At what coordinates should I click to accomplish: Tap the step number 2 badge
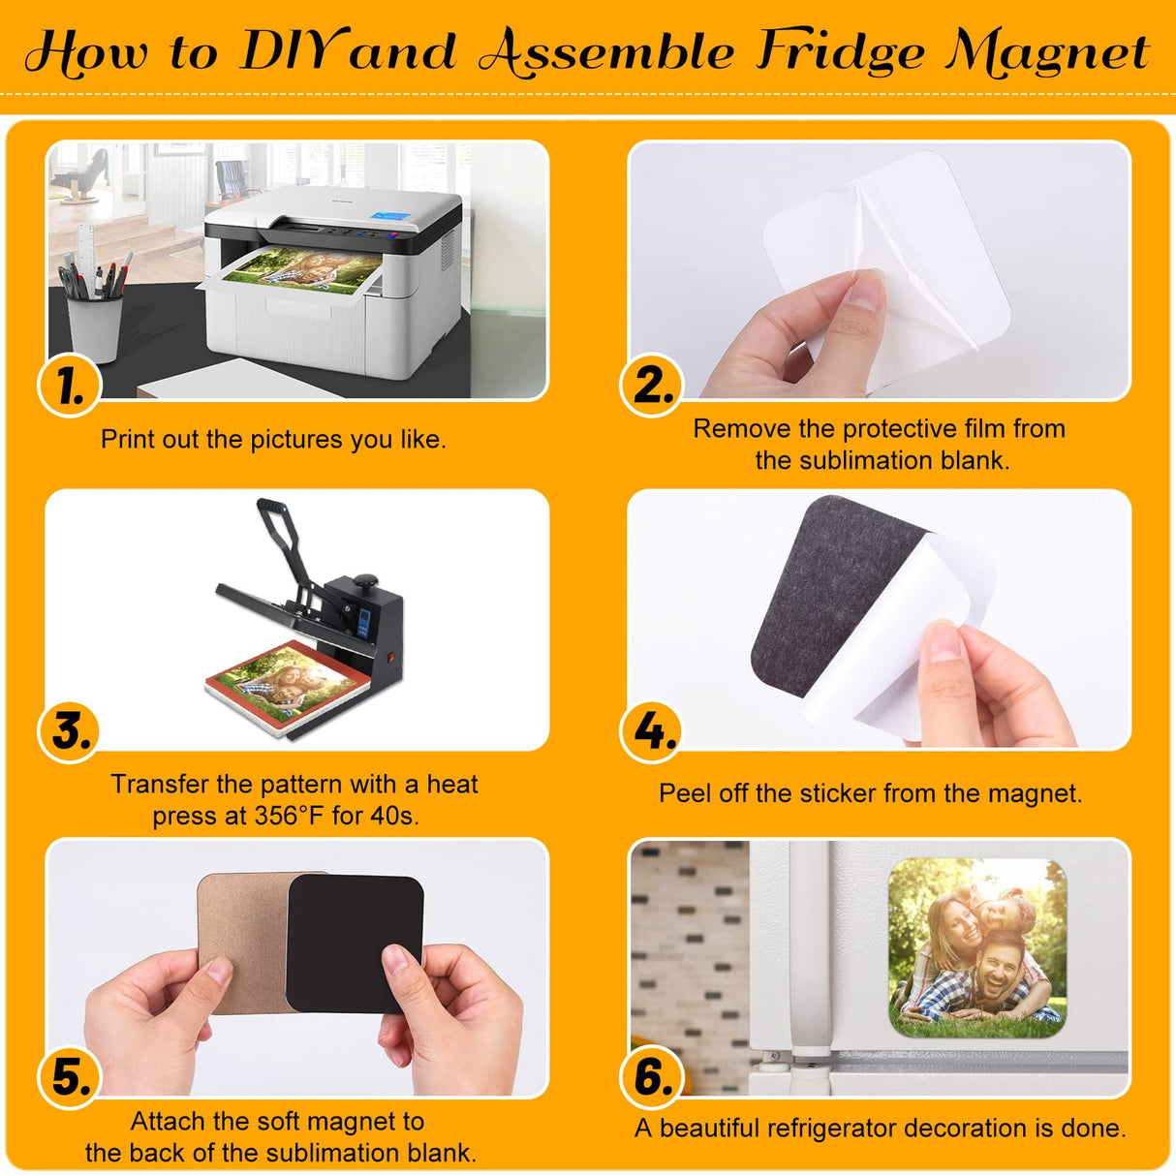tap(652, 386)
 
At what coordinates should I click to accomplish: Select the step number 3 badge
tap(70, 732)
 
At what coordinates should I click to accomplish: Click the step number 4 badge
tap(652, 731)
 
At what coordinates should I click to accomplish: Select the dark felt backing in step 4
tap(823, 591)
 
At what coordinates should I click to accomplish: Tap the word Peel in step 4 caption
tap(684, 793)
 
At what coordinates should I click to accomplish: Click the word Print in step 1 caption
tap(128, 440)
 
